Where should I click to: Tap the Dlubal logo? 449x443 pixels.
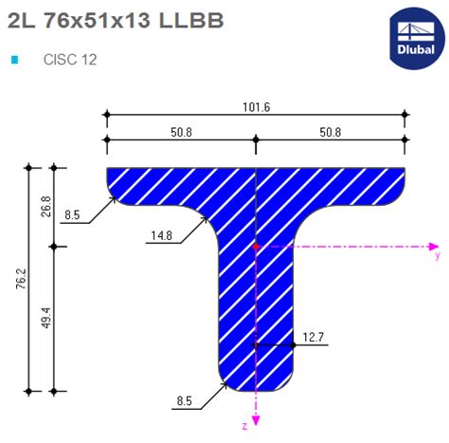[416, 36]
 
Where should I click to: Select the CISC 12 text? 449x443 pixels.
[70, 60]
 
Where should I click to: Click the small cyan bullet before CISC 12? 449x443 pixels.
[15, 60]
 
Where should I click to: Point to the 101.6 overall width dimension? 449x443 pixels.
[256, 107]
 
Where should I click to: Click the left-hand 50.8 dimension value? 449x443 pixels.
[181, 132]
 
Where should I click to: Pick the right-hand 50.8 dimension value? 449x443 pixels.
[330, 132]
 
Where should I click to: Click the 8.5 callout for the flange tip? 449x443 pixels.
[73, 216]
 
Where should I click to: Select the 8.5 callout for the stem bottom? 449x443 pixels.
[185, 402]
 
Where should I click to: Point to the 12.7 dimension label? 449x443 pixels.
[314, 337]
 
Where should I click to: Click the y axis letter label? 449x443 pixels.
[437, 255]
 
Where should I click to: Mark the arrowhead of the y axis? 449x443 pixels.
[426, 246]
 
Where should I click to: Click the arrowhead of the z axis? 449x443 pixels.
[256, 418]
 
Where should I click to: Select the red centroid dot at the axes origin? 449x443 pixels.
[256, 246]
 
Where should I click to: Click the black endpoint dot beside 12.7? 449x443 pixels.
[294, 344]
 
